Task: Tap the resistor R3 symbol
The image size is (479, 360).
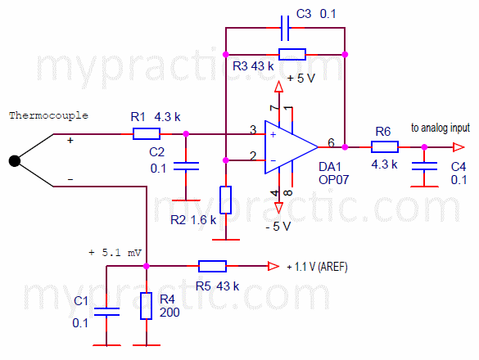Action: (291, 55)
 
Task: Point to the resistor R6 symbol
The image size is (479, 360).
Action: (385, 147)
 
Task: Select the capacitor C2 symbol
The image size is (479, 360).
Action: (188, 165)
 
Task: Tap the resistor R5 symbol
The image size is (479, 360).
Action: (213, 266)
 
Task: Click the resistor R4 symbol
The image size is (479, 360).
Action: (146, 306)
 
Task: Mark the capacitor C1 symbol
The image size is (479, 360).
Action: (106, 310)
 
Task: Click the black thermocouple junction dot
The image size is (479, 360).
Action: (15, 160)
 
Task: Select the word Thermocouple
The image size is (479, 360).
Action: (48, 115)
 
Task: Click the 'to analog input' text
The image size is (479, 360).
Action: (441, 128)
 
